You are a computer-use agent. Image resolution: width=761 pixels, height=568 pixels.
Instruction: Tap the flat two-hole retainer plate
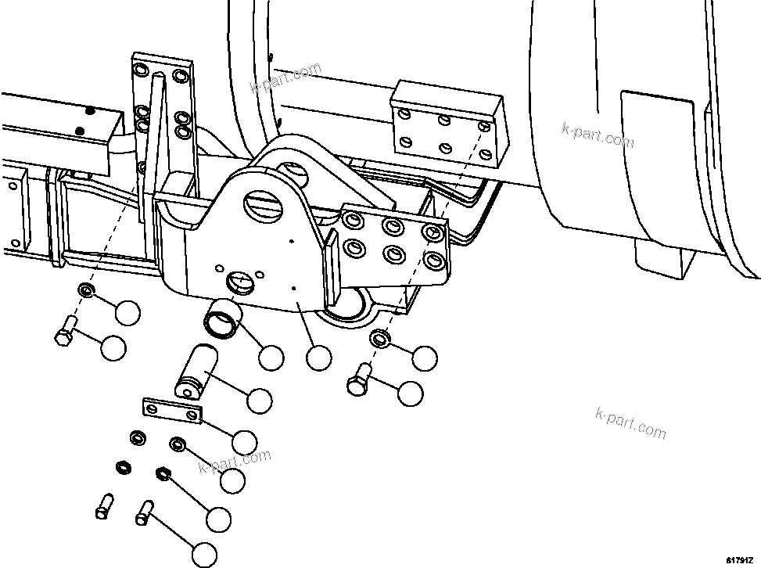coord(173,411)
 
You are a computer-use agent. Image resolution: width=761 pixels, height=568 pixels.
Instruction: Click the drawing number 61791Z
coord(741,559)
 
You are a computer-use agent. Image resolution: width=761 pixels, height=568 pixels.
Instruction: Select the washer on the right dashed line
coord(380,339)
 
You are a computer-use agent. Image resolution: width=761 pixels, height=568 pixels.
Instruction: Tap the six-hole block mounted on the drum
coord(446,125)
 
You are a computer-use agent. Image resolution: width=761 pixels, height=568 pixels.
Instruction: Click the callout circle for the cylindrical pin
coord(260,401)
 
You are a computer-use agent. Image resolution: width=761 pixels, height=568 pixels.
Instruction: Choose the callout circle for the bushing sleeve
coord(271,358)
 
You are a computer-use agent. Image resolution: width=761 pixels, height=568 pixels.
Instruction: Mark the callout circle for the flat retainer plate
coord(245,441)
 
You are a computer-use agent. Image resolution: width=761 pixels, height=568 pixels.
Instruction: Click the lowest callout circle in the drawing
coord(205,555)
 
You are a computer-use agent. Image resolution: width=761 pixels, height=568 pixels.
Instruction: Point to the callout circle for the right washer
coord(425,358)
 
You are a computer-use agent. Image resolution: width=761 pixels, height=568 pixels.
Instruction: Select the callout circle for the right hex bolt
coord(410,394)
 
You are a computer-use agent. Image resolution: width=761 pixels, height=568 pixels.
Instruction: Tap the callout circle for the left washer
coord(127,312)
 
